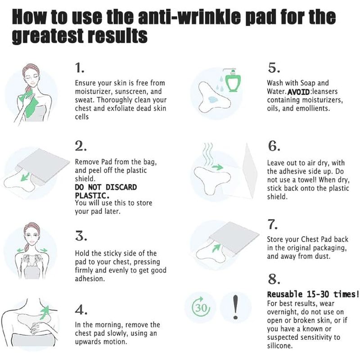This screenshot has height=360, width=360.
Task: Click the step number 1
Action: tap(79, 68)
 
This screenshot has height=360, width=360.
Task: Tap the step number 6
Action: tap(274, 146)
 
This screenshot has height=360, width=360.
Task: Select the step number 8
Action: tap(274, 279)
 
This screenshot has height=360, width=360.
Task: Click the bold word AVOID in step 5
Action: tap(298, 92)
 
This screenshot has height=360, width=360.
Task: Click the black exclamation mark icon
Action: tap(235, 307)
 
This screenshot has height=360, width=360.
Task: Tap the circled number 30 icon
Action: tap(201, 307)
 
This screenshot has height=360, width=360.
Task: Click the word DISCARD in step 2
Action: tap(121, 187)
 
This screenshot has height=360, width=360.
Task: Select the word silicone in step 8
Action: tap(279, 346)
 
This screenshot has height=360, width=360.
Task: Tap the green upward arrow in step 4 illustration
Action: tap(45, 312)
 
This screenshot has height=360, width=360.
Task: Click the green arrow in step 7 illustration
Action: tap(216, 248)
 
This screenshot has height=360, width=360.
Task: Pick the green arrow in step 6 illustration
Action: tap(217, 167)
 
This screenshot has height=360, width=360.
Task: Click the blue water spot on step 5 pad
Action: tap(214, 99)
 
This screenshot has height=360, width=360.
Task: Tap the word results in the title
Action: tap(118, 36)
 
